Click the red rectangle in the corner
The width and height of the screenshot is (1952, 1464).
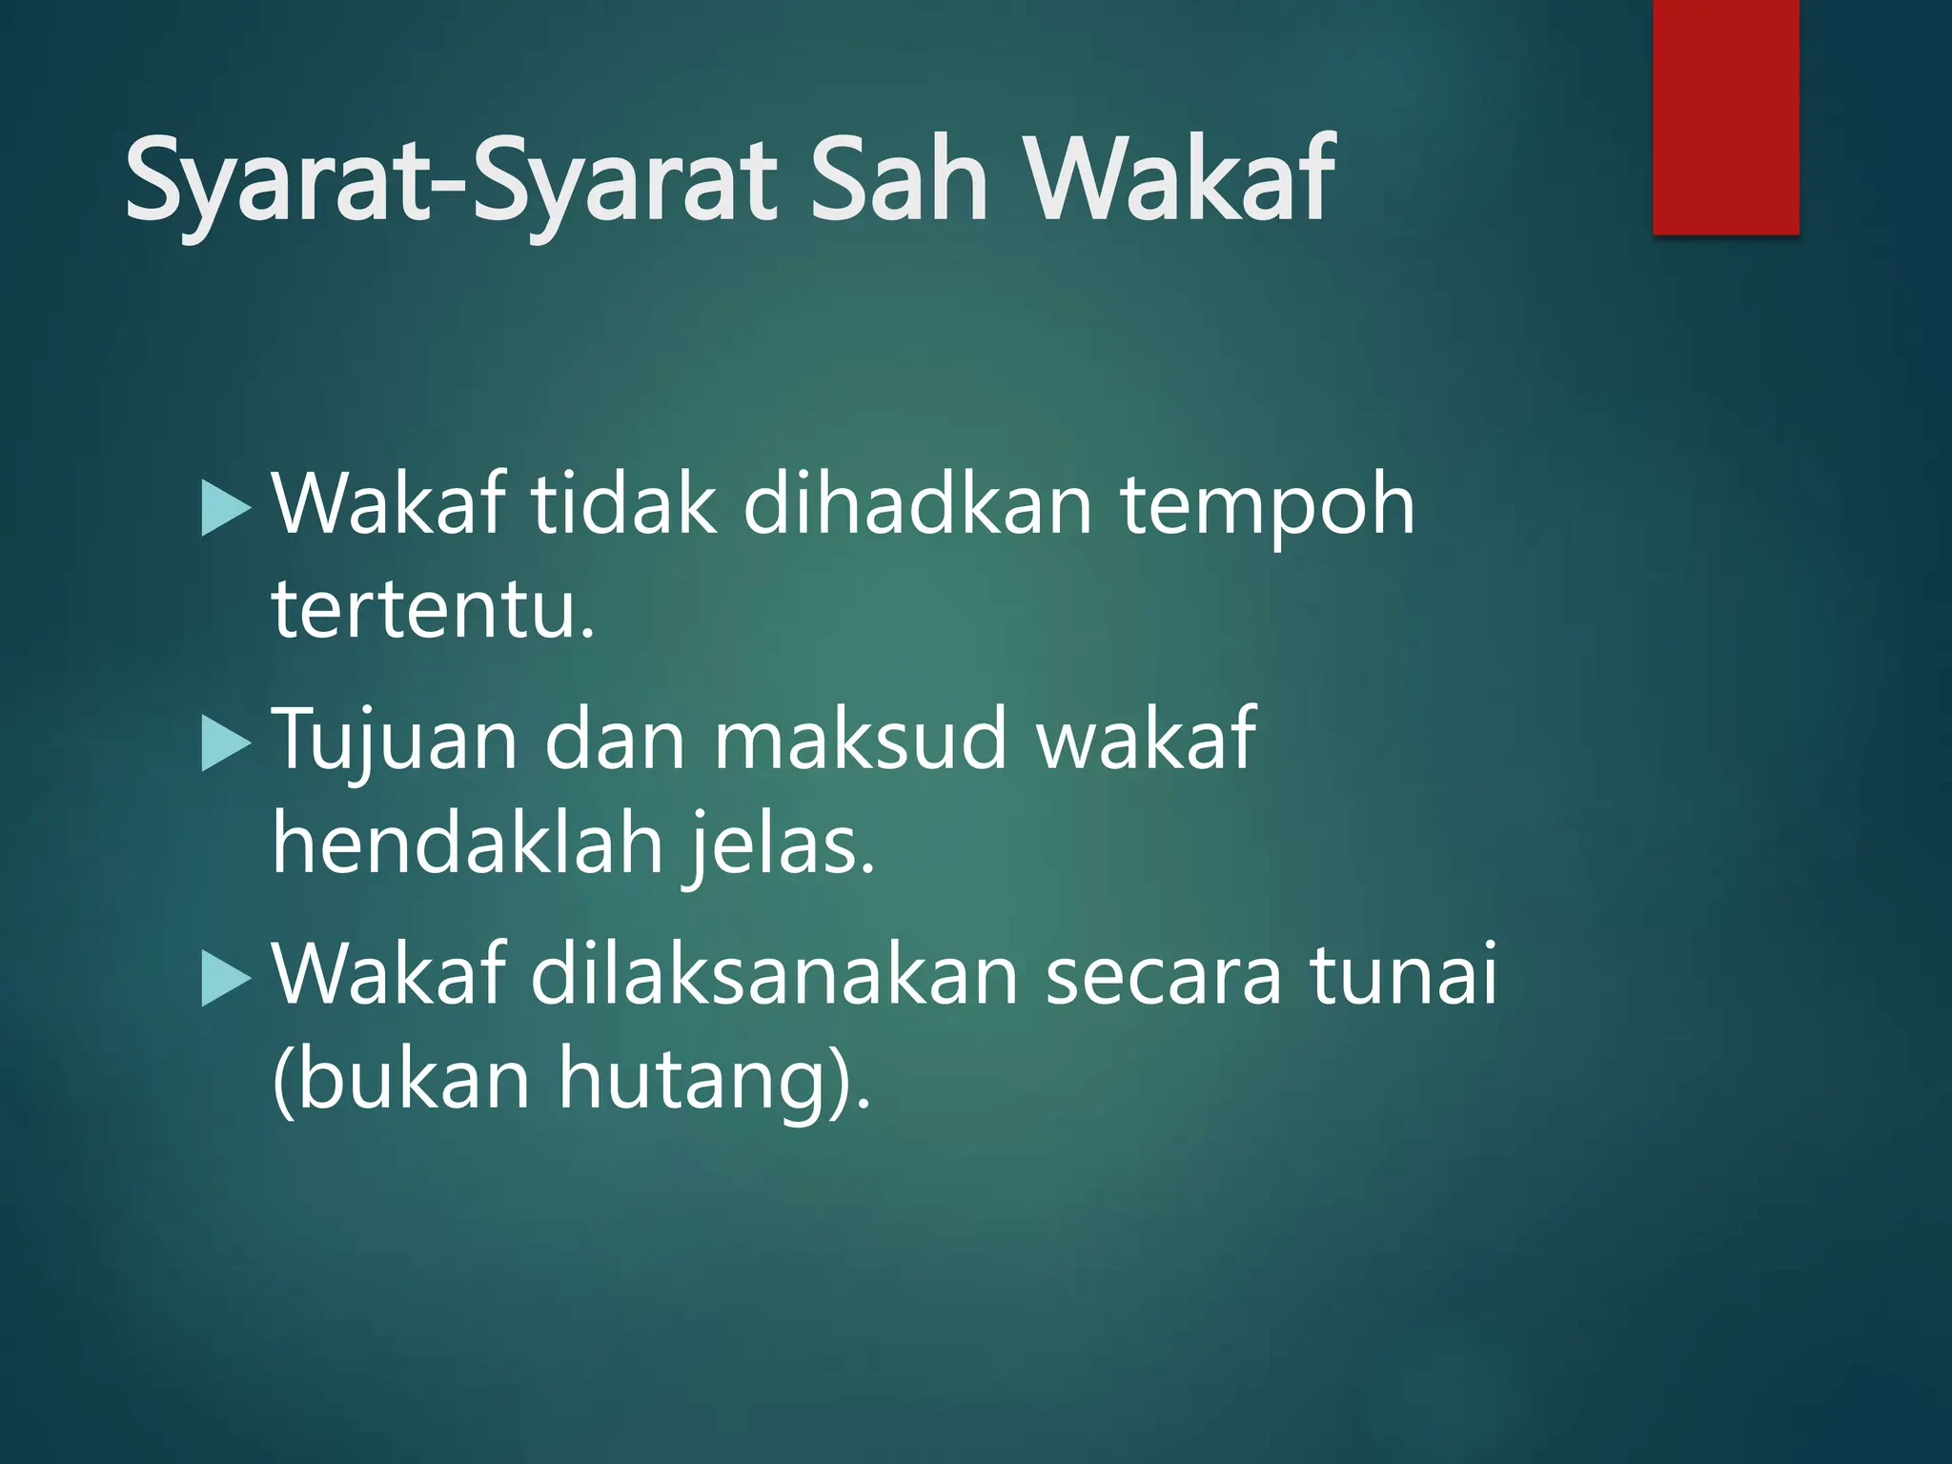[1725, 116]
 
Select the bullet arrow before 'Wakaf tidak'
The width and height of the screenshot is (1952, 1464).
[226, 509]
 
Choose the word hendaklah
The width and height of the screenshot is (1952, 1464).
[467, 843]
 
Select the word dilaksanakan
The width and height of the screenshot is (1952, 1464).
[774, 974]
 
